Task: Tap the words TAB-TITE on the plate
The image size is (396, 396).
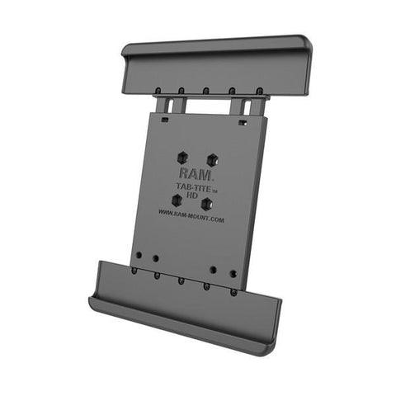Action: point(192,189)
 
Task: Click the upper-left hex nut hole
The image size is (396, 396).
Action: point(182,156)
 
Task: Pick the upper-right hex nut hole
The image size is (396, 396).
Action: point(213,159)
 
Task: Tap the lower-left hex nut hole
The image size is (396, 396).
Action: point(176,200)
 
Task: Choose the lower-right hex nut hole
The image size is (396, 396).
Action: point(207,204)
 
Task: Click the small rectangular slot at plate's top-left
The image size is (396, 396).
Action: point(164,120)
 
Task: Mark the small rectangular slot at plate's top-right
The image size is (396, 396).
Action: point(243,123)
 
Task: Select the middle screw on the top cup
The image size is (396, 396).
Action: point(205,91)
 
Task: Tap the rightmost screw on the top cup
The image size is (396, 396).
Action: point(259,90)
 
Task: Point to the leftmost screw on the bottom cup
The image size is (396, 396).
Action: point(134,270)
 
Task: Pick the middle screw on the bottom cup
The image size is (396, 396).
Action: point(181,280)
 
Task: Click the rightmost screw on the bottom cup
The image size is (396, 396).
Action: point(234,291)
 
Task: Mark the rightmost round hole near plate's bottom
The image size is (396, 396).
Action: point(234,272)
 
